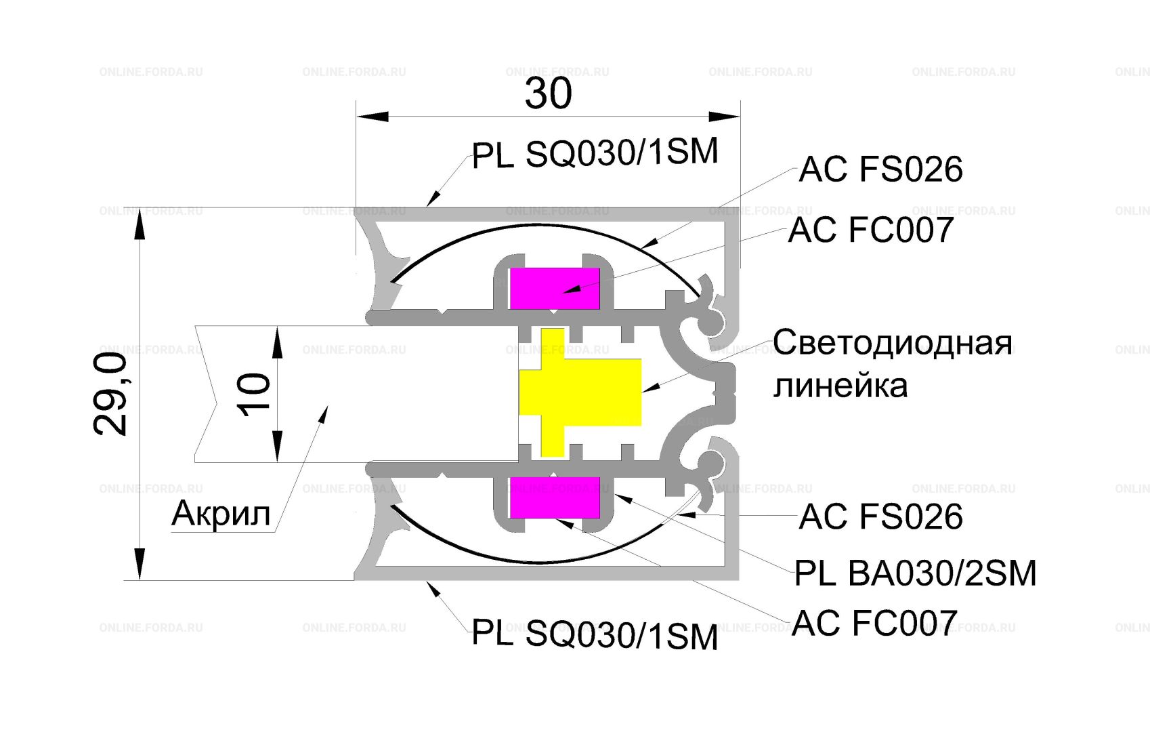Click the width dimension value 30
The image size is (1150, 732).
point(548,94)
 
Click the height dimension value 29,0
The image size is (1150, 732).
point(110,394)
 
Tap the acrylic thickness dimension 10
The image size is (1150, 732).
point(253,394)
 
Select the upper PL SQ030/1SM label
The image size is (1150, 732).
point(595,153)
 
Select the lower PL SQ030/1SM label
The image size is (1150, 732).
point(595,635)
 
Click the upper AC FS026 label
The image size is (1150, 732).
point(880,169)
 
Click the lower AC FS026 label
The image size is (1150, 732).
point(880,516)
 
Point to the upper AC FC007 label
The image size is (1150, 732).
point(871,230)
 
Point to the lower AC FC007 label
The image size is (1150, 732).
point(874,622)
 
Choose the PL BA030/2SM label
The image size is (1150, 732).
point(916,573)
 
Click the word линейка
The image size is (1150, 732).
point(840,386)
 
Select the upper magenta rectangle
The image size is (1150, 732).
point(555,288)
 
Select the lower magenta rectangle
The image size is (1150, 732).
point(555,497)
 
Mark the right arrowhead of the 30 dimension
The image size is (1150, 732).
point(724,116)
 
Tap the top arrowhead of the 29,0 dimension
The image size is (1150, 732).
point(139,224)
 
